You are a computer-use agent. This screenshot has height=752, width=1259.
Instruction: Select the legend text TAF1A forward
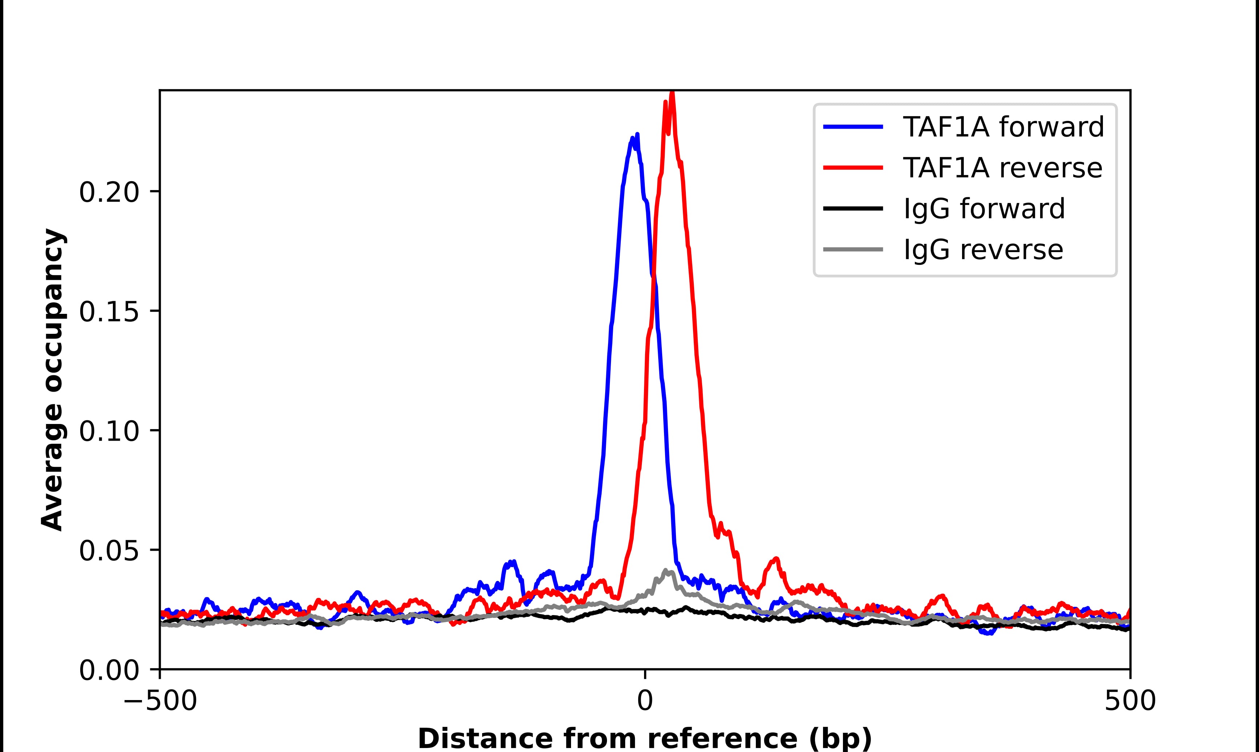pyautogui.click(x=1003, y=127)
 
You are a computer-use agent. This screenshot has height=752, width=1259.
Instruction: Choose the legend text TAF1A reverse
pyautogui.click(x=1002, y=168)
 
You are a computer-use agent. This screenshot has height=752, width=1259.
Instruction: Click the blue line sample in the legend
pyautogui.click(x=853, y=127)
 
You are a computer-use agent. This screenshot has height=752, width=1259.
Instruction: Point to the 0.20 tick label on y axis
pyautogui.click(x=109, y=193)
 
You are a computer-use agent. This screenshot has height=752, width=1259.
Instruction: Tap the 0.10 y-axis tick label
pyautogui.click(x=109, y=431)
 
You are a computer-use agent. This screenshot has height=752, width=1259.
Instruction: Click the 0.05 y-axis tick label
pyautogui.click(x=109, y=551)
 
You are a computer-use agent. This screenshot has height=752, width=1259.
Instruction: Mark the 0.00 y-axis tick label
pyautogui.click(x=109, y=670)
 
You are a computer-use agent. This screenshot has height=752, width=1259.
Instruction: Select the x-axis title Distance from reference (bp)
pyautogui.click(x=644, y=738)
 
